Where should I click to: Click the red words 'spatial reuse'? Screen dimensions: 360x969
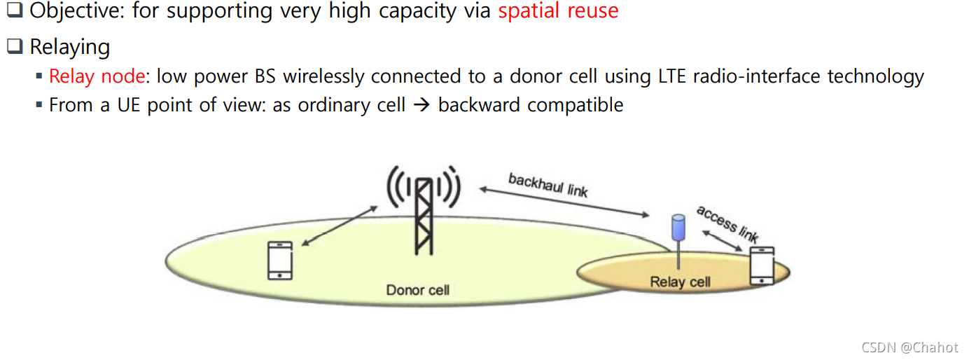coord(558,11)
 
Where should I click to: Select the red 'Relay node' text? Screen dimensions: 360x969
coord(97,76)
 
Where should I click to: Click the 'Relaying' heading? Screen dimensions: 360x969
coord(69,47)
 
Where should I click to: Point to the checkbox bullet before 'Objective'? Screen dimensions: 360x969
coord(15,11)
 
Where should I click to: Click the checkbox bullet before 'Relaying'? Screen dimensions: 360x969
coord(15,47)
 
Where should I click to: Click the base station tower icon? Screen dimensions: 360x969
coord(424,210)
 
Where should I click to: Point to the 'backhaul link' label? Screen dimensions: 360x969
coord(548,185)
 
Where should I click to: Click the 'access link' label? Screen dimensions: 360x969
coord(727,223)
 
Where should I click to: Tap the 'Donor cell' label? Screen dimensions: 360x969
coord(418,289)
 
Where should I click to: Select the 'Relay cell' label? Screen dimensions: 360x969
coord(680,282)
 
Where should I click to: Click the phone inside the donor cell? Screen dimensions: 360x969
coord(280,261)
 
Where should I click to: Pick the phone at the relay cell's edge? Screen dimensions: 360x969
coord(762,265)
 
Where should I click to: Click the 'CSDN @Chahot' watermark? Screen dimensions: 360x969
coord(909,347)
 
